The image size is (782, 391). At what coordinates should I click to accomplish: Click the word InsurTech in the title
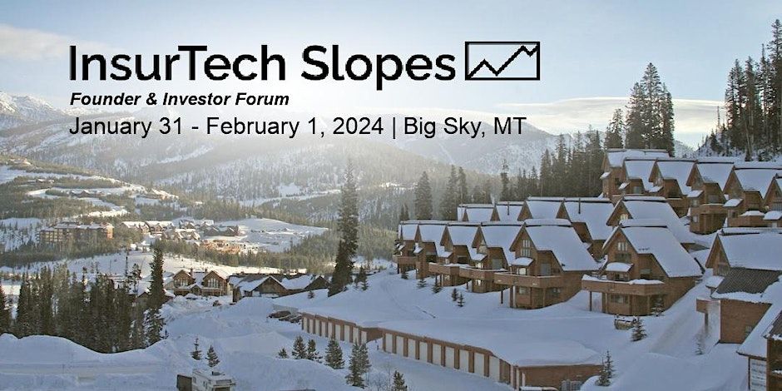177,63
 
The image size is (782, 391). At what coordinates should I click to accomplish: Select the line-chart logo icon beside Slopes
502,61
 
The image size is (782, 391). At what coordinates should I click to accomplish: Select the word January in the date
102,126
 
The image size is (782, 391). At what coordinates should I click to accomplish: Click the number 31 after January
152,126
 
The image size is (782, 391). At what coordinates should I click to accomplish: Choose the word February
244,126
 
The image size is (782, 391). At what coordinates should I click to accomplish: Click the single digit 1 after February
294,126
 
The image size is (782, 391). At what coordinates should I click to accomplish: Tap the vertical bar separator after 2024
394,127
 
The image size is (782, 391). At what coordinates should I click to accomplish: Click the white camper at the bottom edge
205,381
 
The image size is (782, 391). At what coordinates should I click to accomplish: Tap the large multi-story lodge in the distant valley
77,233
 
